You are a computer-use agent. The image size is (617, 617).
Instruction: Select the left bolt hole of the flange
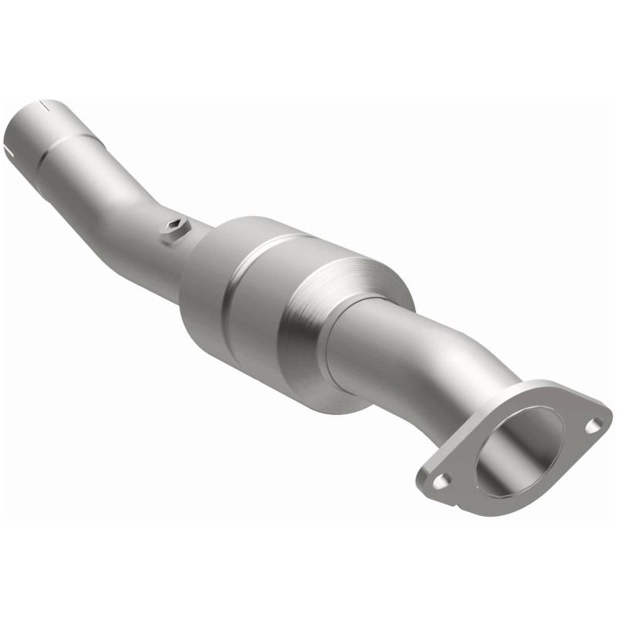440,480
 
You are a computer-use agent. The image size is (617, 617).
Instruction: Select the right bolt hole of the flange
595,423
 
